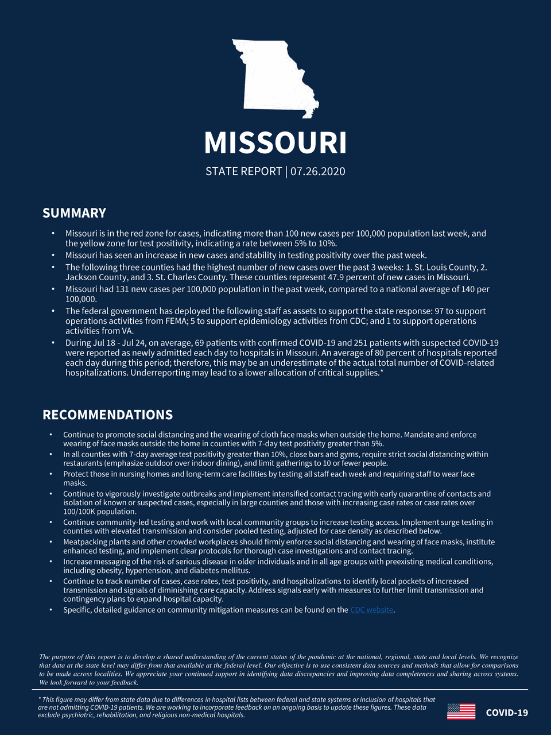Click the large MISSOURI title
coord(275,143)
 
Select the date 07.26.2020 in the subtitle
coord(317,171)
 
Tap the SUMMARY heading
coord(74,213)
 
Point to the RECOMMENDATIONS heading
coord(107,415)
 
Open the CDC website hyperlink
coord(371,610)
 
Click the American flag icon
coord(461,712)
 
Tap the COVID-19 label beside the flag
coord(507,713)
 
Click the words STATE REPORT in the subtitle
coord(243,171)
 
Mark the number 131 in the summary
coord(123,289)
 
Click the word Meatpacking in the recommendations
coord(87,542)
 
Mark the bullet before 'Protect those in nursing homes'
coord(51,474)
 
